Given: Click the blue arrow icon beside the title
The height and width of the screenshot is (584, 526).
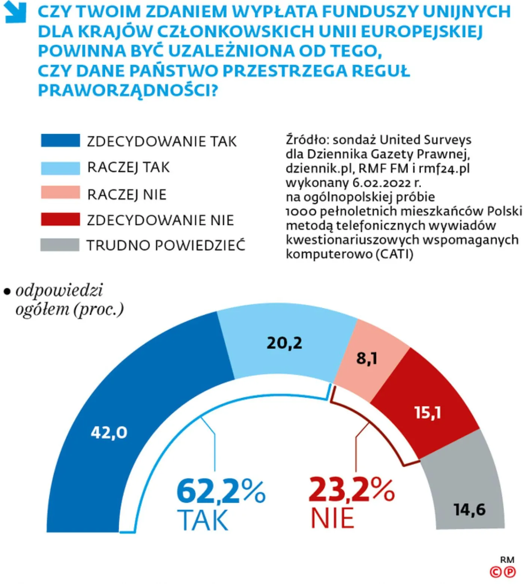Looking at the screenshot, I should (x=15, y=12).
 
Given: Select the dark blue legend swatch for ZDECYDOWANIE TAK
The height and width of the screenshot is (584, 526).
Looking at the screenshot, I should (x=60, y=141).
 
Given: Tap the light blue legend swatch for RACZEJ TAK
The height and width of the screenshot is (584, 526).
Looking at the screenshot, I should (x=60, y=168).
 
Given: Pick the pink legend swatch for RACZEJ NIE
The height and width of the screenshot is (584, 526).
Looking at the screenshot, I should (x=60, y=193).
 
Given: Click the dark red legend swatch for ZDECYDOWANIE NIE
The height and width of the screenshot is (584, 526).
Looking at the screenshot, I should (x=60, y=220).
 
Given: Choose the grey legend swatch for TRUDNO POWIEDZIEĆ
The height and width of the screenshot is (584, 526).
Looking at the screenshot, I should (x=60, y=245).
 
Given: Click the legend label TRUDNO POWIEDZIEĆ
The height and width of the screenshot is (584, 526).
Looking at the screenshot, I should (x=166, y=245).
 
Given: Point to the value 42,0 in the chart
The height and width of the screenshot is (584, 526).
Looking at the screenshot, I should (x=109, y=432).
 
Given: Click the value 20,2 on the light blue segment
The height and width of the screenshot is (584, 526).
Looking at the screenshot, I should (x=284, y=343).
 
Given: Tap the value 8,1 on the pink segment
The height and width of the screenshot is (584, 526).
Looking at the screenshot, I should (x=367, y=358).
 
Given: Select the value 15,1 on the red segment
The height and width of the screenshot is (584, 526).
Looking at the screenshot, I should (x=428, y=412).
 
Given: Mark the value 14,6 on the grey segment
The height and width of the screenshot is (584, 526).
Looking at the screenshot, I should (x=470, y=509).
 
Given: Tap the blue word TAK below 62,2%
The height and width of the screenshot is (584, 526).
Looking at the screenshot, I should (x=203, y=520).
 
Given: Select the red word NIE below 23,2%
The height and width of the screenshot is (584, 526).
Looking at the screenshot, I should (x=333, y=519).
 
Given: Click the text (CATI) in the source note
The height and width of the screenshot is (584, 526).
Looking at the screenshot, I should (x=394, y=254).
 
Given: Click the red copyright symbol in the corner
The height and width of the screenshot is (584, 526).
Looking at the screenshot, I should (x=496, y=572).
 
